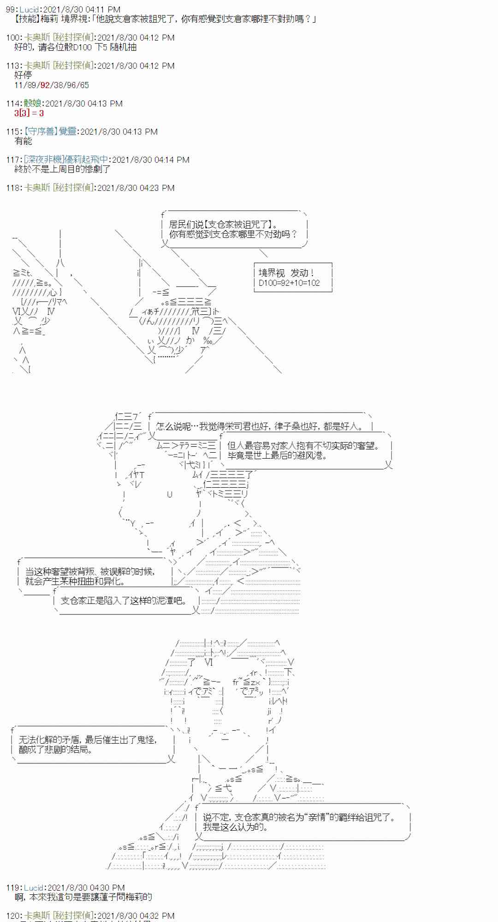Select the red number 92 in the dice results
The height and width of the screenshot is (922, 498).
45,85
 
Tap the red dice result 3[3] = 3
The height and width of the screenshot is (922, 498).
29,113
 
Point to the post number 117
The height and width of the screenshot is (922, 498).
13,160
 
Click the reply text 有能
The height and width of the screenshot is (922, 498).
23,141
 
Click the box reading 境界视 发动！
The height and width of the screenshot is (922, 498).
286,273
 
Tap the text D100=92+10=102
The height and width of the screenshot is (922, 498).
289,283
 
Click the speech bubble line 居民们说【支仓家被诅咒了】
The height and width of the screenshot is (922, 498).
223,225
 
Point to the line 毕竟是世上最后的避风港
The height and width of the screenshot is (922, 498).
277,455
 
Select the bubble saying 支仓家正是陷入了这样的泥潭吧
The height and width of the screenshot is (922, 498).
124,600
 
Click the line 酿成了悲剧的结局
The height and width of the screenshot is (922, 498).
55,750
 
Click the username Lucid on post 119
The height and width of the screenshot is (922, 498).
34,887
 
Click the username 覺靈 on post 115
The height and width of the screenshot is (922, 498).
67,132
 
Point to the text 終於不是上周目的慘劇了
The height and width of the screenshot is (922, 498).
62,169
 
